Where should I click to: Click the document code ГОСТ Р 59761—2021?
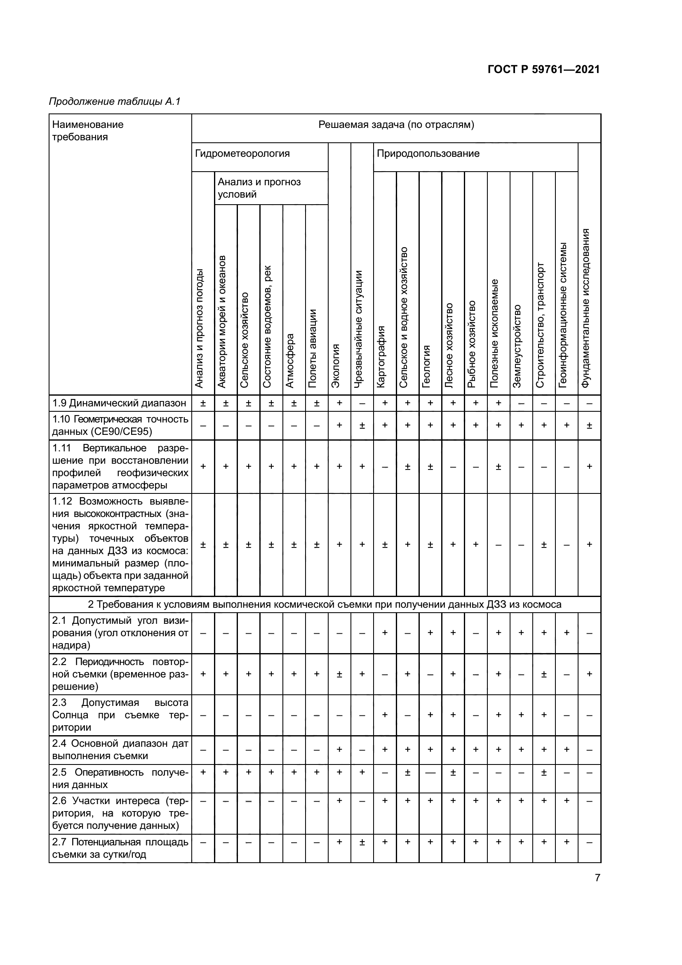tap(544, 69)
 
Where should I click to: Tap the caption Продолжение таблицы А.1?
tap(114, 101)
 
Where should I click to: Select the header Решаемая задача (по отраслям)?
tap(396, 125)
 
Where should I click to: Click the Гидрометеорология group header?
tap(242, 153)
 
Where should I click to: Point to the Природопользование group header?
tap(428, 153)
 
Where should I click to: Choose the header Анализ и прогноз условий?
tap(259, 188)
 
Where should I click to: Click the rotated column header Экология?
tap(336, 365)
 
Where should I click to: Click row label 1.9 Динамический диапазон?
tap(119, 403)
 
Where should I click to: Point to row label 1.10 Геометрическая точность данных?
tap(120, 425)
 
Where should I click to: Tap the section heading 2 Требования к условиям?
tap(324, 604)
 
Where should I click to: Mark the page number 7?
tap(597, 878)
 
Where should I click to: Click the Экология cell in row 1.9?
tap(339, 403)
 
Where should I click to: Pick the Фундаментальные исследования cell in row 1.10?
tap(589, 425)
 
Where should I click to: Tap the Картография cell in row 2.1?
tap(385, 632)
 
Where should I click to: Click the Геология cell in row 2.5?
tap(430, 772)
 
